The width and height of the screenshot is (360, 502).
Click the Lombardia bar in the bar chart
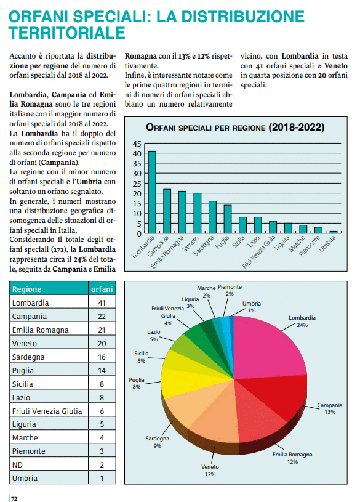coord(152,192)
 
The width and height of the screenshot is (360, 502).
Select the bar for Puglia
coord(228,219)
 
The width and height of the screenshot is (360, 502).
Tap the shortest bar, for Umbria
coord(334,232)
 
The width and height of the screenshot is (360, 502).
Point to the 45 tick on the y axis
coord(137,144)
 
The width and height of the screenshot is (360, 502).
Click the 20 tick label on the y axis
coord(137,193)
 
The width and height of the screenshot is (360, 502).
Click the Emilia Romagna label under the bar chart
coord(167,252)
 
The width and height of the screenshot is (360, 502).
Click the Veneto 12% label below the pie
coord(210,471)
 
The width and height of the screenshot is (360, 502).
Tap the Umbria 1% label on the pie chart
coord(252,307)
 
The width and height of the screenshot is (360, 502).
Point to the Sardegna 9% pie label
coord(157,442)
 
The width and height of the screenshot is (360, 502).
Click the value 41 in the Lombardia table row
coord(102,303)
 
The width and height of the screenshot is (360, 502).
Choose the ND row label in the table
coord(17,465)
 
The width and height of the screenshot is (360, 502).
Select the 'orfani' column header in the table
coord(102,289)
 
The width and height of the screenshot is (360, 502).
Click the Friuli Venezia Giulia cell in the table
coord(47,411)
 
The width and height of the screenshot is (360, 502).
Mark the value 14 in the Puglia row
coord(102,371)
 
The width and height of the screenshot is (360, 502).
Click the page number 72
coord(14,498)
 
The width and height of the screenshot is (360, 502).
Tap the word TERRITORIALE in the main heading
coord(67,33)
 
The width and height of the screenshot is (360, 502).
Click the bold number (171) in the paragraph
coord(58,249)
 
